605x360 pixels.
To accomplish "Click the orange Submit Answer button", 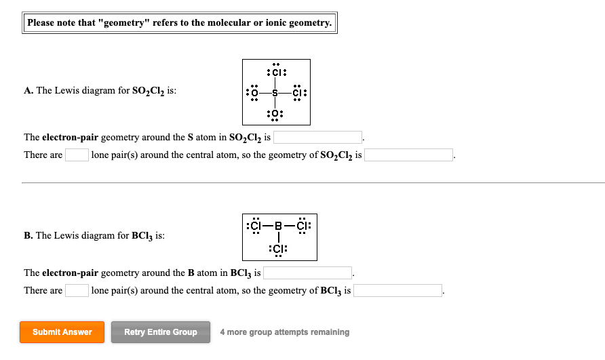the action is coord(62,332).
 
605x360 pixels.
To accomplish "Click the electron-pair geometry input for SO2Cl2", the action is coord(317,138).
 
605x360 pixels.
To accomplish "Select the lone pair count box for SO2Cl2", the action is coord(77,155).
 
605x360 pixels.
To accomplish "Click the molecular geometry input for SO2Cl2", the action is coord(409,155).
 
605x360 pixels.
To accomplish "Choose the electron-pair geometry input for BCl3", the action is coord(308,273).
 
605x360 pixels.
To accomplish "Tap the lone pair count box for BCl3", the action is coord(77,291).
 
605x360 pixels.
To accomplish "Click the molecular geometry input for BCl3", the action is coord(398,291).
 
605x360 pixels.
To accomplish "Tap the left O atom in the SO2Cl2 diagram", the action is coord(254,93).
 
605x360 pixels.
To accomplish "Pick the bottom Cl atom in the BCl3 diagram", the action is coord(278,248).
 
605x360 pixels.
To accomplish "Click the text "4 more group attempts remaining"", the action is coord(285,332).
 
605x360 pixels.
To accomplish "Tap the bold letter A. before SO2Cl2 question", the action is coord(28,91).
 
